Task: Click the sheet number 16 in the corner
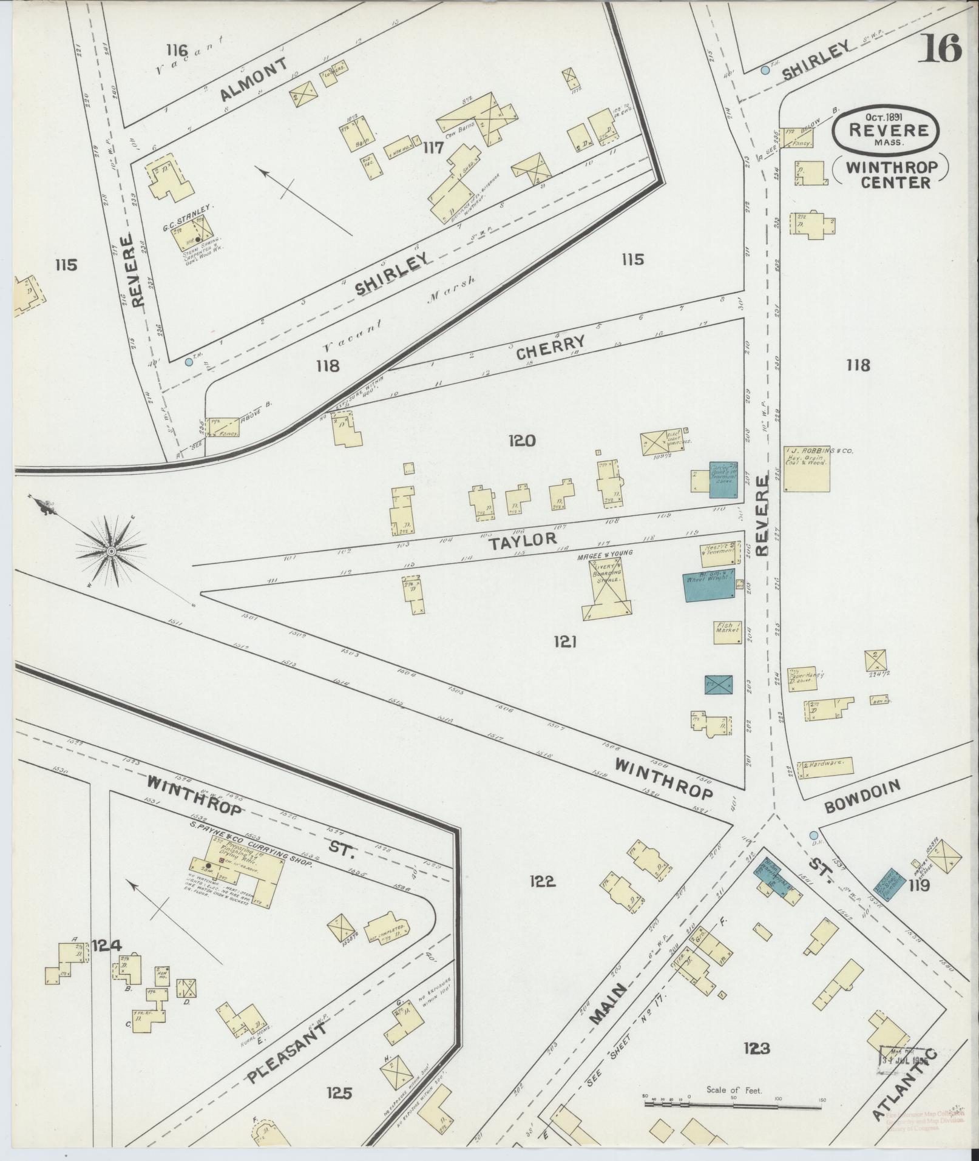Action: pos(943,48)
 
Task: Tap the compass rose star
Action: pos(111,550)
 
